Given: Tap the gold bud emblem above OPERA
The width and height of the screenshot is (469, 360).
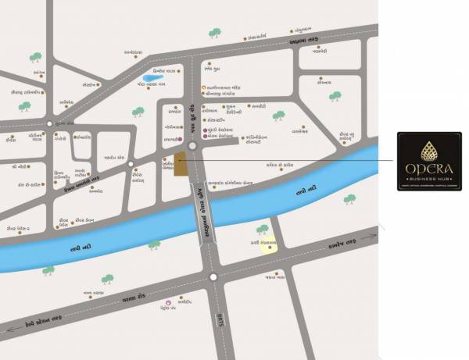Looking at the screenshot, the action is click(429, 148).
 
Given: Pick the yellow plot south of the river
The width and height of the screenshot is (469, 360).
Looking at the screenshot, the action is click(268, 245).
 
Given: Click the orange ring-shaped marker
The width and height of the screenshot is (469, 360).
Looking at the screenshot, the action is click(203, 88).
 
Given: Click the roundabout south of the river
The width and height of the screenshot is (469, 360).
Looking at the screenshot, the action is click(213, 277).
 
